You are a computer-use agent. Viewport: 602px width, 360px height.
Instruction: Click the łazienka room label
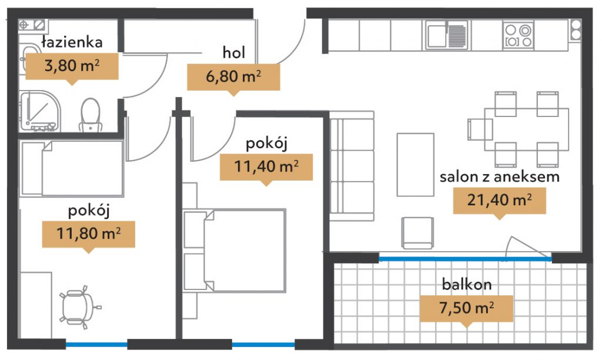point(72,42)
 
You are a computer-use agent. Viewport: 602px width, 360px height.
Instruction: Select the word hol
point(233,52)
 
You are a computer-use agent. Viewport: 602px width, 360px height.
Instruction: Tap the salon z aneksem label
point(500,176)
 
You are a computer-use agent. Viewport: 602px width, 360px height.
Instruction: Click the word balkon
point(466,284)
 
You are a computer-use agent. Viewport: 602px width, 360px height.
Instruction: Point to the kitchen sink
point(447,35)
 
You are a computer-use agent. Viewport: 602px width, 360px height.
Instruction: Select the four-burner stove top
point(518,35)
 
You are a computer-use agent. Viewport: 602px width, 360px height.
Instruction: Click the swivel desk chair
point(79,308)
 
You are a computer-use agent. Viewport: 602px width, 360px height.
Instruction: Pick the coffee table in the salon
point(416,165)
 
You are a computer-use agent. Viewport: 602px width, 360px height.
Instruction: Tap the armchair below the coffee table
point(418,233)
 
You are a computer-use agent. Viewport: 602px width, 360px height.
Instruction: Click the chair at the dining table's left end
point(480,129)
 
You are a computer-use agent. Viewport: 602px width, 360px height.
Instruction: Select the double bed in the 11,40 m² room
point(235,251)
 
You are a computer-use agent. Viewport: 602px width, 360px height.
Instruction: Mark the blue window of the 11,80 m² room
point(96,345)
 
